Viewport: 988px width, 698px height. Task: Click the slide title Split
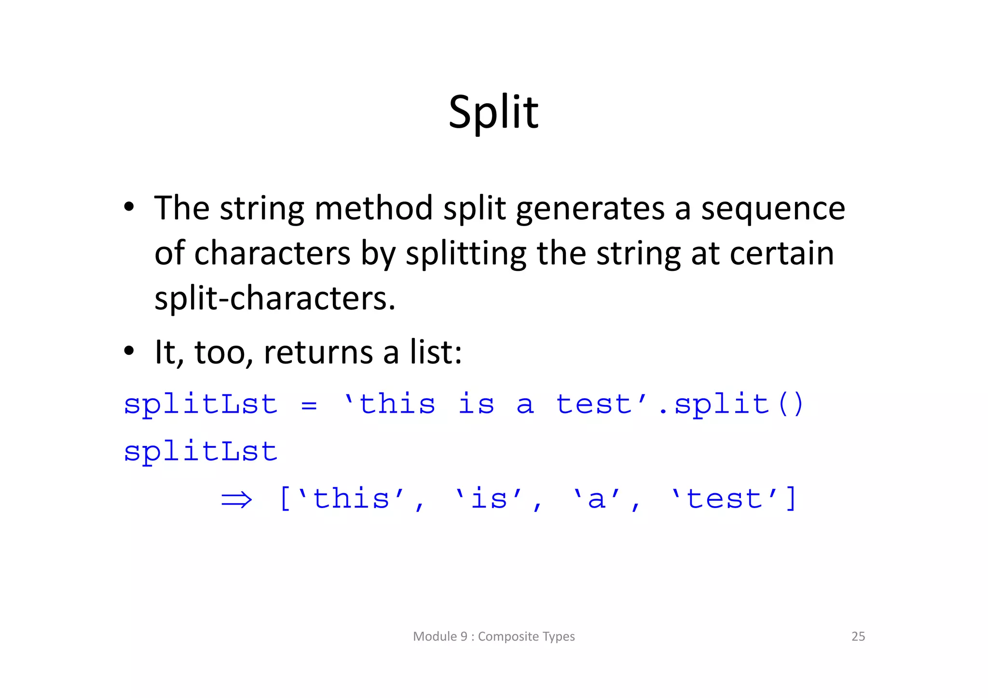[493, 112]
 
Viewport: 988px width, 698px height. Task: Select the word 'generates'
[590, 209]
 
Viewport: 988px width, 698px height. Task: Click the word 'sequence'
[773, 209]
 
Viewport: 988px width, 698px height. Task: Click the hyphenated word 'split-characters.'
[274, 298]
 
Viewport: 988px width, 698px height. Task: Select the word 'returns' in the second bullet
[318, 352]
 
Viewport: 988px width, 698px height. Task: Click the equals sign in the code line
[309, 405]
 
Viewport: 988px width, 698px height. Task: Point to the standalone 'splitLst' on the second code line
[201, 452]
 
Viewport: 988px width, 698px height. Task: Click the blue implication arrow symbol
[236, 499]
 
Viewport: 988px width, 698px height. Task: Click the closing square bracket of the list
[791, 498]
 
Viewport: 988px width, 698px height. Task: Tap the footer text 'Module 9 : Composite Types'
[494, 636]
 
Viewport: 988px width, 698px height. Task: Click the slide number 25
[858, 636]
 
